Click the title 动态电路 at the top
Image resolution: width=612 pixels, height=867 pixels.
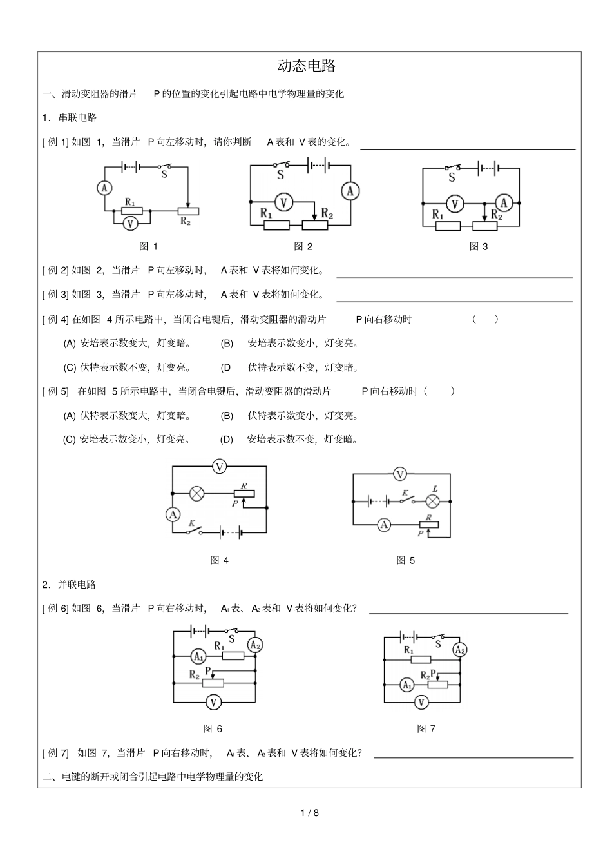click(307, 66)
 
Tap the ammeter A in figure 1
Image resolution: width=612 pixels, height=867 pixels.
click(104, 188)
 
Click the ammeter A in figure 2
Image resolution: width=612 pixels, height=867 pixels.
click(350, 191)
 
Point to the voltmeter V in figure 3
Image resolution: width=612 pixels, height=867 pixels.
click(455, 204)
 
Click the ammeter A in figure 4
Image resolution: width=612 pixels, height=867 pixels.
click(173, 514)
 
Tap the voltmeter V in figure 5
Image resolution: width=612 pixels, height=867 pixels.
click(400, 474)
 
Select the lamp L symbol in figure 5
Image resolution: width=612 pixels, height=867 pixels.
click(433, 501)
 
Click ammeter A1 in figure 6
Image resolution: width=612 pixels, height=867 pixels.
click(198, 656)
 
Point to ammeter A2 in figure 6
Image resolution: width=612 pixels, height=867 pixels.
click(254, 645)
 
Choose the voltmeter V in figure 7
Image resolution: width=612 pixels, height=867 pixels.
click(421, 702)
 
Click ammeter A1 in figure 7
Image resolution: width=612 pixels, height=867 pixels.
click(407, 685)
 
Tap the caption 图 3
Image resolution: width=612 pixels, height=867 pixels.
click(478, 246)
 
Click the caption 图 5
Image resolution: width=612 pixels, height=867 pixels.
click(405, 560)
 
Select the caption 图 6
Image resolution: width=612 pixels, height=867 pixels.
click(213, 728)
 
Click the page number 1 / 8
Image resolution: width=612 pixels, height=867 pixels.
click(310, 812)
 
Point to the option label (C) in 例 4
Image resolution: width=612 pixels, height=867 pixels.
click(70, 367)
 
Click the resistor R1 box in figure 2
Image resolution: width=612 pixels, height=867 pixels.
click(277, 225)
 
